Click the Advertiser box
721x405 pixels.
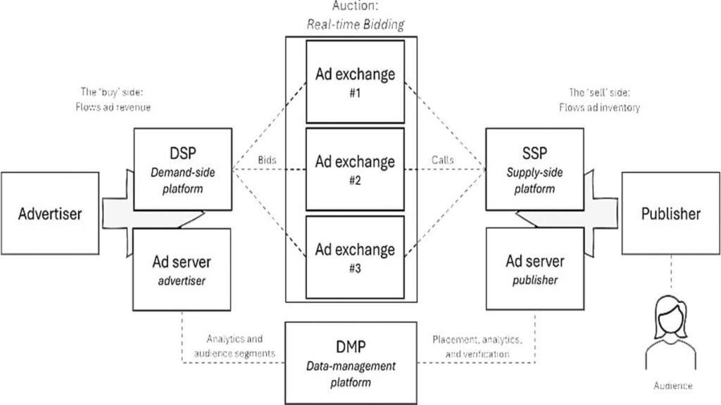(x=50, y=213)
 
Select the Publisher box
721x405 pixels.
(x=670, y=213)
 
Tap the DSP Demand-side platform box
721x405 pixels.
(x=182, y=169)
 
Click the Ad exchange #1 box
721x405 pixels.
(x=355, y=81)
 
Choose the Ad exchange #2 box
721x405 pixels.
(x=355, y=168)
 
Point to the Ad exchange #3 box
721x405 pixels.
(x=355, y=256)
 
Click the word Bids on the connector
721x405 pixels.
(x=265, y=160)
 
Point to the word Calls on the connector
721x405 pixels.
(x=442, y=160)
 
